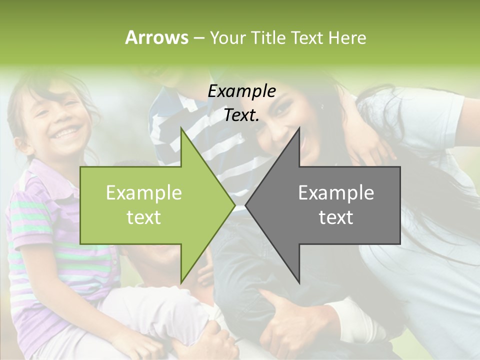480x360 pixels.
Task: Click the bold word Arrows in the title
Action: [x=156, y=37]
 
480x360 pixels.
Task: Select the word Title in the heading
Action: [x=266, y=37]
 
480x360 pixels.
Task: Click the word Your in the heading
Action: [x=227, y=37]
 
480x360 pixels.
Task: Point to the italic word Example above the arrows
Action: [x=241, y=91]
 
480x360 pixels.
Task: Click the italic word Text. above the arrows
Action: [x=241, y=115]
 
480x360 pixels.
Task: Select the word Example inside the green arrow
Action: [x=143, y=193]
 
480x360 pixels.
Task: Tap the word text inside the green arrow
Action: [x=143, y=217]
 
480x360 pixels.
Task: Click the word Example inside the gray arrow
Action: [x=336, y=193]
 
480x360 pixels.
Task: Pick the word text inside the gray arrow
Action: [x=336, y=217]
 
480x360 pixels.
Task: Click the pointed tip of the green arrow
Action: [x=234, y=205]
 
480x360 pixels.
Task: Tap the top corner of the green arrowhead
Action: [x=181, y=129]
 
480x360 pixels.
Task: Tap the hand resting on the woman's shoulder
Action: [x=367, y=145]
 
